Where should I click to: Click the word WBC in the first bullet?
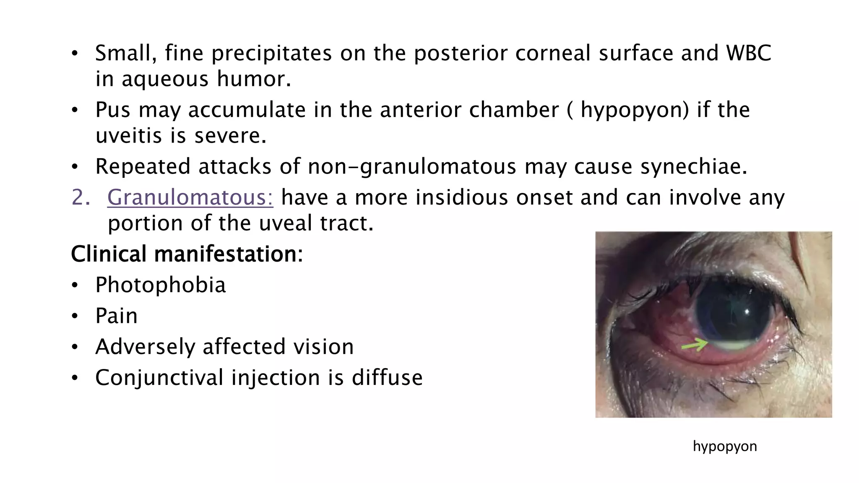(x=748, y=53)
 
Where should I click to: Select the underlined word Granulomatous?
(x=190, y=197)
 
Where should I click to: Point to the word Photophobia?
(x=160, y=285)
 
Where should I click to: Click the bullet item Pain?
(x=116, y=316)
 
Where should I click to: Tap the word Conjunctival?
(x=159, y=378)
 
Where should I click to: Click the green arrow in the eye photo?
(x=694, y=345)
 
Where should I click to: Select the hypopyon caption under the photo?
(x=725, y=446)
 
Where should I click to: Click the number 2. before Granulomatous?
(x=81, y=197)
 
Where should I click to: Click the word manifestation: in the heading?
(x=229, y=254)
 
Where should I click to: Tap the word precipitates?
(x=271, y=53)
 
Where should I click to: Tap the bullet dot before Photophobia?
(x=75, y=286)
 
